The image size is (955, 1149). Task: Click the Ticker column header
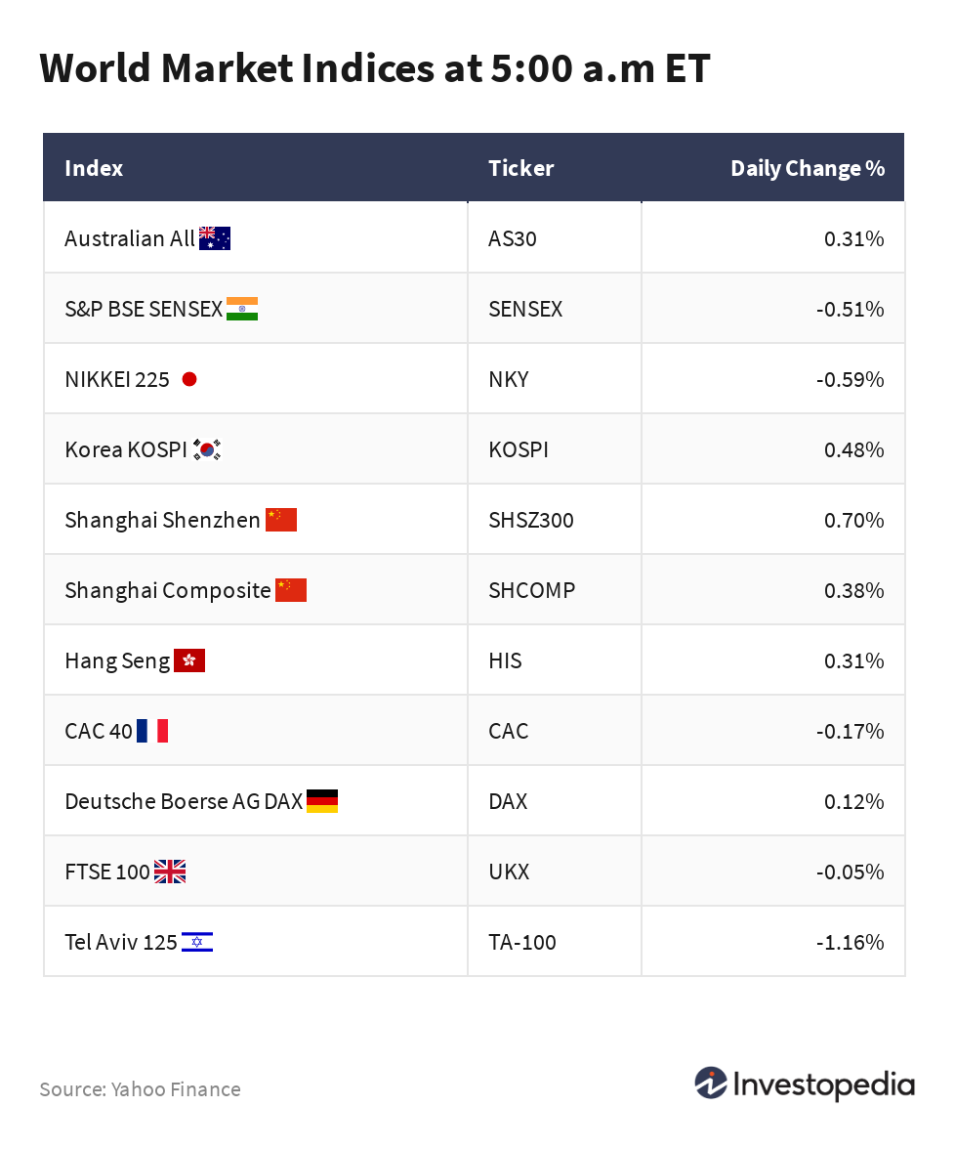pyautogui.click(x=520, y=168)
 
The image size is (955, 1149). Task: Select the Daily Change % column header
pyautogui.click(x=807, y=168)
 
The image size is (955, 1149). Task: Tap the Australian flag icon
pyautogui.click(x=214, y=238)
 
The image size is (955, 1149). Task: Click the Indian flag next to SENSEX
pyautogui.click(x=241, y=309)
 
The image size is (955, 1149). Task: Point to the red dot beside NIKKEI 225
pyautogui.click(x=189, y=379)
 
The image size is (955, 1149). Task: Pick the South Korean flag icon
pyautogui.click(x=207, y=449)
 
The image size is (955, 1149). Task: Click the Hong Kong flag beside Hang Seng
pyautogui.click(x=189, y=660)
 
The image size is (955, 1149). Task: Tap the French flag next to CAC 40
pyautogui.click(x=152, y=731)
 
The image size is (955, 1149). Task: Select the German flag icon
pyautogui.click(x=322, y=801)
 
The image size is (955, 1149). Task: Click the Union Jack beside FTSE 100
pyautogui.click(x=170, y=872)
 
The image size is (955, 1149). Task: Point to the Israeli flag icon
pyautogui.click(x=197, y=942)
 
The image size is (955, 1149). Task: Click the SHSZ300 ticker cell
pyautogui.click(x=531, y=520)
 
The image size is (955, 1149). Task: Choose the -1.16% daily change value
pyautogui.click(x=850, y=942)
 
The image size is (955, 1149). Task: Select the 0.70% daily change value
pyautogui.click(x=853, y=520)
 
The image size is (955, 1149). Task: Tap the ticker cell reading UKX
pyautogui.click(x=509, y=872)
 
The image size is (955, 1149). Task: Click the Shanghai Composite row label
pyautogui.click(x=168, y=590)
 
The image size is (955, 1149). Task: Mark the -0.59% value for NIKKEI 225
pyautogui.click(x=850, y=379)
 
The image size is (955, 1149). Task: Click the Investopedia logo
pyautogui.click(x=805, y=1085)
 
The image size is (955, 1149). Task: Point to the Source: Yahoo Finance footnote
pyautogui.click(x=140, y=1088)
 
